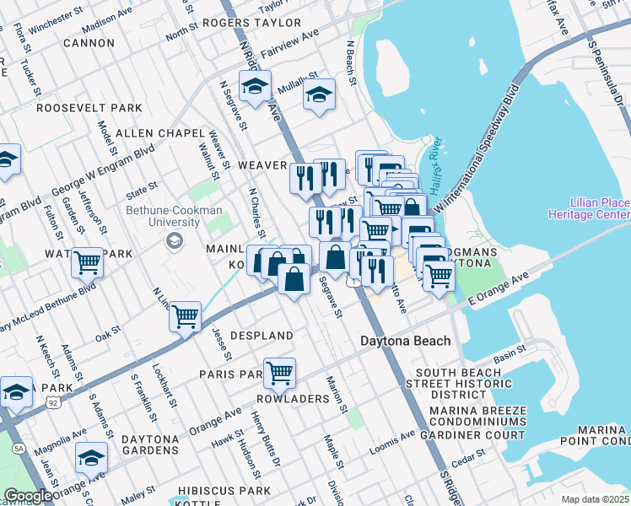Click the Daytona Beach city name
tap(405, 342)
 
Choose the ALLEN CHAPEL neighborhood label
tap(159, 133)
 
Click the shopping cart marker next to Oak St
tap(185, 317)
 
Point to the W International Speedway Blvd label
tap(481, 139)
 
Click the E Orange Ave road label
tap(497, 288)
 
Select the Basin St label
tap(510, 347)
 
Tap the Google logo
tap(28, 496)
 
